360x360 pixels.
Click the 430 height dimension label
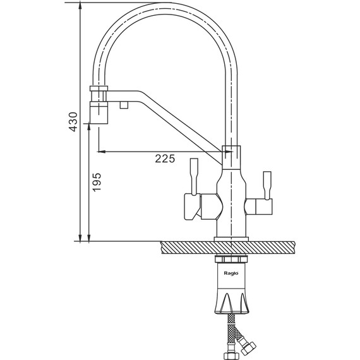click(x=73, y=122)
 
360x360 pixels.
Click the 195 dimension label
click(x=97, y=182)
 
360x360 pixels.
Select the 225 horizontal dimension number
click(x=165, y=159)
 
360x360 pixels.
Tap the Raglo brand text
click(x=231, y=273)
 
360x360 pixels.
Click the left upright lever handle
click(x=194, y=176)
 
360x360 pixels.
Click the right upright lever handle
click(x=268, y=185)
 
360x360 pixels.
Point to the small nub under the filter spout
click(x=124, y=105)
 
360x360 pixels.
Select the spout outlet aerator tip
click(x=99, y=112)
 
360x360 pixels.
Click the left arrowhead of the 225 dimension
click(x=101, y=152)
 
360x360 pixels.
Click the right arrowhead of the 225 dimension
click(x=229, y=152)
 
